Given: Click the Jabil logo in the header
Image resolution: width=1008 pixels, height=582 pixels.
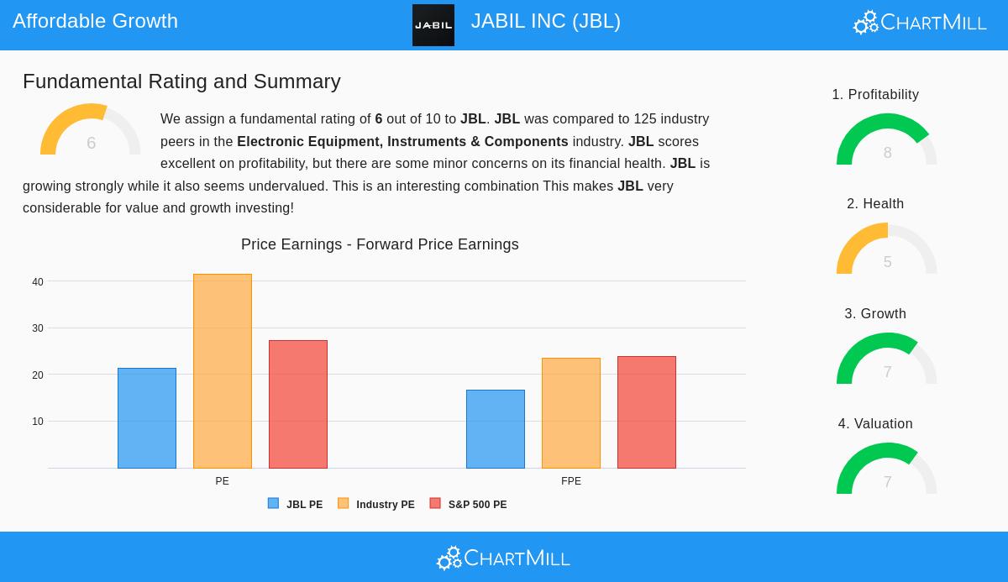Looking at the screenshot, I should coord(433,25).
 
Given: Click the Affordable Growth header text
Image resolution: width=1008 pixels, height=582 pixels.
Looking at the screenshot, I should coord(95,21).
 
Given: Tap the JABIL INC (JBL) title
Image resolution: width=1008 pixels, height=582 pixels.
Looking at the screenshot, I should coord(545,21).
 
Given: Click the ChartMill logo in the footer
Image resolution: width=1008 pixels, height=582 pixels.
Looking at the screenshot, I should coord(503,558).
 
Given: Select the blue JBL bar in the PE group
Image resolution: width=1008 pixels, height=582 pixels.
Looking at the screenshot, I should coord(147,418).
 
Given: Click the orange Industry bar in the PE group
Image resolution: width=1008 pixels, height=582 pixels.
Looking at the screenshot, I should coord(223,371).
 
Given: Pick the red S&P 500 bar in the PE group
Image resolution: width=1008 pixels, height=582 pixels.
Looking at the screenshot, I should coord(298,404).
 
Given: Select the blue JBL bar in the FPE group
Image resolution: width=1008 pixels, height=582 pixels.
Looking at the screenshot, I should coord(496,429).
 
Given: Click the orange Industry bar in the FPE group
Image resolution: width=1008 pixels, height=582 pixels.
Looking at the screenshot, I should coord(571,413).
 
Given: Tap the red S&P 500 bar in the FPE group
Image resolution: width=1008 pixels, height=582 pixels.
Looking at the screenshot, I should coord(647,412).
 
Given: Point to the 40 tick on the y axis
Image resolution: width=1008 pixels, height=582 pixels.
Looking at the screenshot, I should coord(38,282).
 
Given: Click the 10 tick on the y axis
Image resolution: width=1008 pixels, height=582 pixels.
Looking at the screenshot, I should coord(38,422).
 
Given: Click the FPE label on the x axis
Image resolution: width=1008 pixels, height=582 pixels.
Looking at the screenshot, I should coord(571,481).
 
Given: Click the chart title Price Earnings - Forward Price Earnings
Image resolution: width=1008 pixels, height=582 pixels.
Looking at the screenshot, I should coord(380,244).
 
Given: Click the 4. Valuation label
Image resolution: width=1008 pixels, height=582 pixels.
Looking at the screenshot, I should coord(875,424).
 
